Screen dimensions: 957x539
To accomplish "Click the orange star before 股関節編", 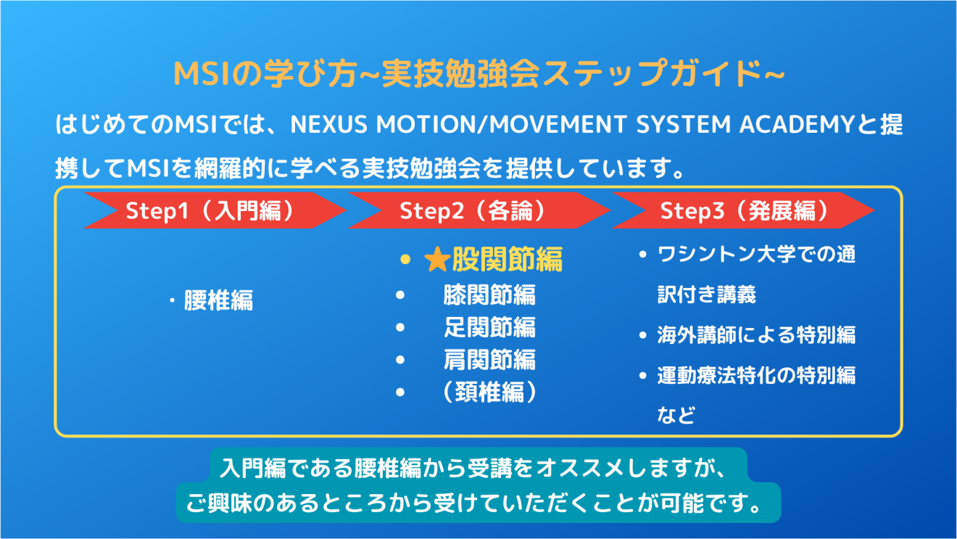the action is click(437, 260).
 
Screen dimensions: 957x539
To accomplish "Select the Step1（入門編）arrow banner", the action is click(215, 210).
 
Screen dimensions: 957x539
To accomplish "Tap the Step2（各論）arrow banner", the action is click(479, 210).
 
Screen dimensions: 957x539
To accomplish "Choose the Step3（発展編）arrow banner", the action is click(743, 210).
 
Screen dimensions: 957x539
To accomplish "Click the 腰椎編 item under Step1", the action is click(218, 300).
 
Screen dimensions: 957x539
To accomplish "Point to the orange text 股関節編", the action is click(507, 260).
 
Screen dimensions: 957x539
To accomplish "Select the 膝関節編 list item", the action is click(489, 295).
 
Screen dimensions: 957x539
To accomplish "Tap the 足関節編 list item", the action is click(489, 327).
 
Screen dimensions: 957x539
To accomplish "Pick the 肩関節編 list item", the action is click(489, 360).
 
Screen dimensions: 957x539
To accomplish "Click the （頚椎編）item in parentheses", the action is click(489, 392).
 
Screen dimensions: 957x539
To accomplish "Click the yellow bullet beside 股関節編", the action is click(405, 260).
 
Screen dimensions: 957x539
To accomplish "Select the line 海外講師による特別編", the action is click(756, 335).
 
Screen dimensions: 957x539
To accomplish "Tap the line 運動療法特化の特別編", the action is click(756, 375).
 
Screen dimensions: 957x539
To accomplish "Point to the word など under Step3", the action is click(676, 415).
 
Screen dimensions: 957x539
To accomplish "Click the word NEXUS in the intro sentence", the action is click(328, 125).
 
